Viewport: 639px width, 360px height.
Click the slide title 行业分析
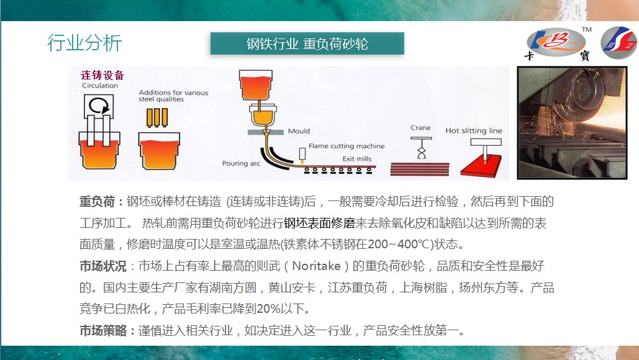pos(84,43)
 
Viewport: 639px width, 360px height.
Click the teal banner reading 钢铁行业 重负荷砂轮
pos(307,43)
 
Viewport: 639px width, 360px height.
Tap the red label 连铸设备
pos(102,75)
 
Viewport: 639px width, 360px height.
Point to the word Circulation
pos(100,86)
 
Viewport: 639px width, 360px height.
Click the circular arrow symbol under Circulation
pos(99,106)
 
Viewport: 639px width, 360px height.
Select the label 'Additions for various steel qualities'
pos(173,96)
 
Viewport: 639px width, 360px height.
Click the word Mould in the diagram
pos(299,131)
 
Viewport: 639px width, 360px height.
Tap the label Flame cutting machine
pos(347,146)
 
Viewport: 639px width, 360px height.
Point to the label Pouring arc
pos(241,163)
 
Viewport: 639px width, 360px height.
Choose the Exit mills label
pos(356,159)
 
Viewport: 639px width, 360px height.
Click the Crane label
pos(420,128)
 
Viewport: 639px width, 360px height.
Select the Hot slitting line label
pos(474,131)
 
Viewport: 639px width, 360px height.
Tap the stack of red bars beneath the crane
pos(420,169)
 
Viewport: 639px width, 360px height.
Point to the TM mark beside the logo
pos(586,29)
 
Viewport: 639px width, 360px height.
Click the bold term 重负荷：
pos(101,202)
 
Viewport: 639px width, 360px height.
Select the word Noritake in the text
pos(316,266)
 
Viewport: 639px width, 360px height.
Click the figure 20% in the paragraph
pos(268,308)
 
